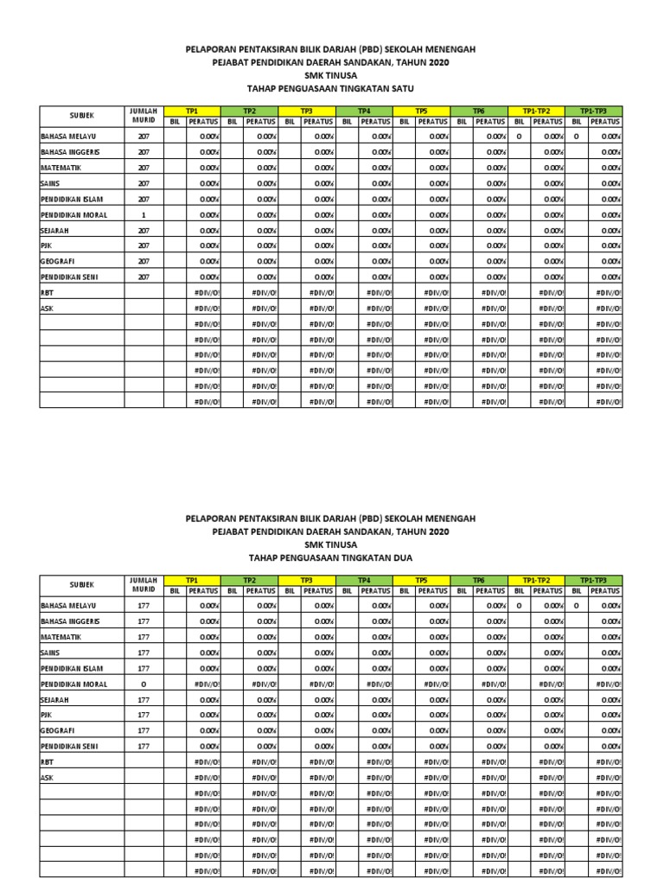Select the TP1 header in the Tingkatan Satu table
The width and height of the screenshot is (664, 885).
point(192,111)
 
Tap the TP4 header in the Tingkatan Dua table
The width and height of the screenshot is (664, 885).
point(364,581)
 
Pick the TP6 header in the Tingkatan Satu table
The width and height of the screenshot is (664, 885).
point(479,111)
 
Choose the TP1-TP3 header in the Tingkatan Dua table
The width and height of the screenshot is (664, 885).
point(594,581)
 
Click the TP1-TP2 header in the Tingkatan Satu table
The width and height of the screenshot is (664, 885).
point(536,111)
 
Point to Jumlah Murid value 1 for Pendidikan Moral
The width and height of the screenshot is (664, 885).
point(144,214)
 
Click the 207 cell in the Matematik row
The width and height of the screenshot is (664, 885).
point(144,168)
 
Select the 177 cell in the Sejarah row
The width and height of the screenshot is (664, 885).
point(144,700)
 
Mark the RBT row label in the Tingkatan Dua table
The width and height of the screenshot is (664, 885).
point(47,762)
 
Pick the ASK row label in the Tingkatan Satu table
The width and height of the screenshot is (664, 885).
point(47,308)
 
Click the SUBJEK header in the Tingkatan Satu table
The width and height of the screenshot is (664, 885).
point(81,116)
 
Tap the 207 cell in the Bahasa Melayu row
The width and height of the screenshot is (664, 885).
point(144,137)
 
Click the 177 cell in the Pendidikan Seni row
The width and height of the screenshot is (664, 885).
point(144,747)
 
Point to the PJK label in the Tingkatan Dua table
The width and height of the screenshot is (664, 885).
point(47,716)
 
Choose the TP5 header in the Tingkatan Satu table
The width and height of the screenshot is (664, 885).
point(421,111)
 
